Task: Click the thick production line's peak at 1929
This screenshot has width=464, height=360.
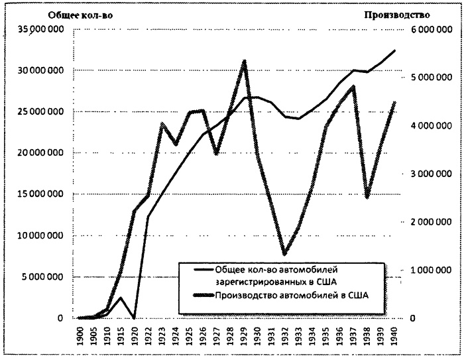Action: click(x=245, y=62)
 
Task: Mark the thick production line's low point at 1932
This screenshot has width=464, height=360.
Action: click(x=284, y=253)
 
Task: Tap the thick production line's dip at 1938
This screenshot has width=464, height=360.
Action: click(x=367, y=197)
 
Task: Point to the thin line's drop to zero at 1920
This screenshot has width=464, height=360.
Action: click(x=134, y=318)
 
